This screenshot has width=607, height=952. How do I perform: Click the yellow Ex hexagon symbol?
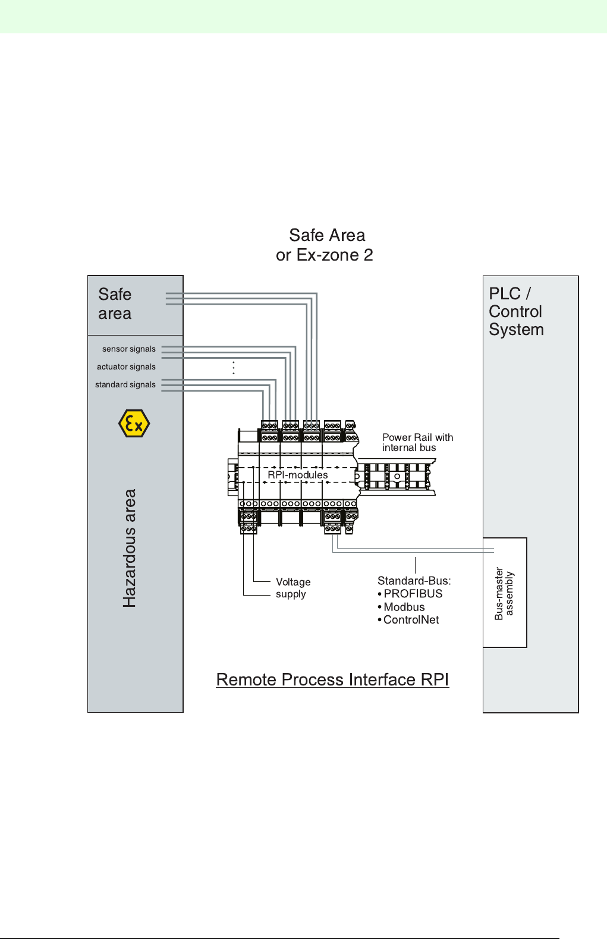click(x=134, y=424)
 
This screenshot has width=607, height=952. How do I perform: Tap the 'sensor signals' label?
click(x=128, y=349)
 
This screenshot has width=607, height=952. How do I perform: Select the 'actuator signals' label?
click(x=126, y=367)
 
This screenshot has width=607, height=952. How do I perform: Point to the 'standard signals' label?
click(x=125, y=385)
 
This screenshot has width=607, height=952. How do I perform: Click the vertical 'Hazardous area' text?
click(x=130, y=548)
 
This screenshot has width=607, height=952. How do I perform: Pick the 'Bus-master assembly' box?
click(x=505, y=593)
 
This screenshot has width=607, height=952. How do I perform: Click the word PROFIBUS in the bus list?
click(x=413, y=594)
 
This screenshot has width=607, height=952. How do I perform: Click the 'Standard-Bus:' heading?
click(x=414, y=581)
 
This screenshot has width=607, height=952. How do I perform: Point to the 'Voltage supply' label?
click(x=293, y=588)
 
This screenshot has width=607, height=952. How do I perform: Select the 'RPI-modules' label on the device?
click(x=297, y=475)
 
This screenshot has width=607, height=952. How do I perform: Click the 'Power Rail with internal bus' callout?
click(x=417, y=443)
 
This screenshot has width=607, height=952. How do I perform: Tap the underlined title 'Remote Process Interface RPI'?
click(x=332, y=679)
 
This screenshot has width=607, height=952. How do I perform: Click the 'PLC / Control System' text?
click(x=515, y=312)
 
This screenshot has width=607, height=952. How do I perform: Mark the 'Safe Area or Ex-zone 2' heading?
click(x=325, y=245)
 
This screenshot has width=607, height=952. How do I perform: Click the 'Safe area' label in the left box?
click(x=115, y=304)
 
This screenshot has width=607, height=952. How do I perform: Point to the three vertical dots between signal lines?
click(x=234, y=368)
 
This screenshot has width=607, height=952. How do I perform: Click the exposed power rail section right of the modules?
click(x=396, y=476)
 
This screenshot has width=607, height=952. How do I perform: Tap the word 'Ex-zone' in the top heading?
click(x=328, y=255)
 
